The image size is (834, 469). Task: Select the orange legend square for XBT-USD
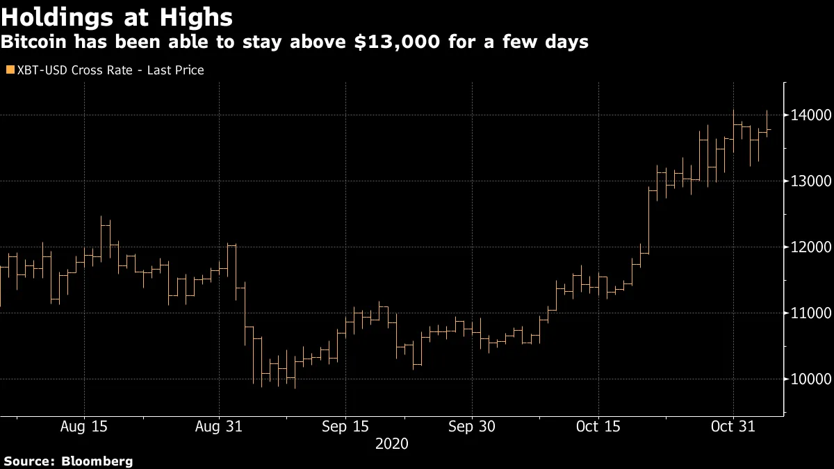point(10,70)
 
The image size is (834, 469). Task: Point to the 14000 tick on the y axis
point(808,115)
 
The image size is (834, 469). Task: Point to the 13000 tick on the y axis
point(808,181)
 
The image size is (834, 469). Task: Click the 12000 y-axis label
point(808,247)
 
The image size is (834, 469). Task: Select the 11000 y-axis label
point(808,313)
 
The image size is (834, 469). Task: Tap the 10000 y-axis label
point(808,379)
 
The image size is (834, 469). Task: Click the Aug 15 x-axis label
point(84,427)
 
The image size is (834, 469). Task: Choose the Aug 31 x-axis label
point(219,427)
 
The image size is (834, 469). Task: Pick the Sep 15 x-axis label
point(345,427)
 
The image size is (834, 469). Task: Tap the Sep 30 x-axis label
point(472,427)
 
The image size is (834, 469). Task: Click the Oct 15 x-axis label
point(598,427)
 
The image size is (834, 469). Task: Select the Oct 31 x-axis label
point(733,427)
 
